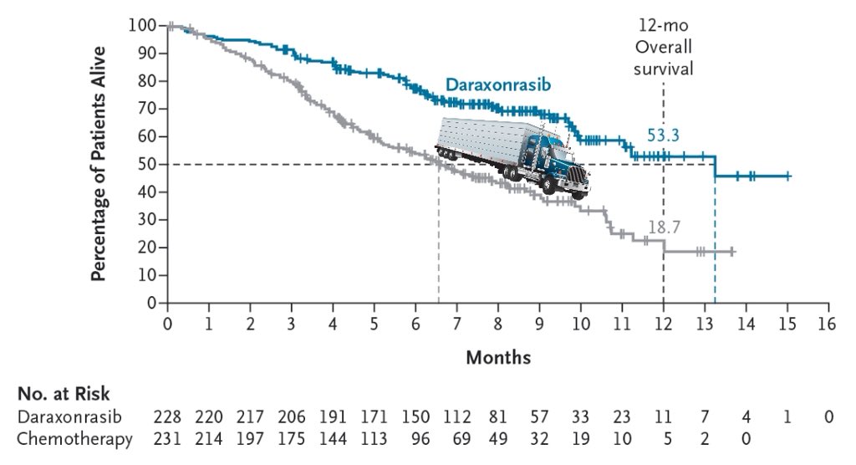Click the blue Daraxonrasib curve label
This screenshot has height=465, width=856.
pos(498,84)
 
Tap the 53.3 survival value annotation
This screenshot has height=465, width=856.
pos(663,135)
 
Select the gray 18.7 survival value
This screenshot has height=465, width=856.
pos(664,227)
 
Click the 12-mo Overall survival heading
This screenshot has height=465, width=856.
pos(663,47)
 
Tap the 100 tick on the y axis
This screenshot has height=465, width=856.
pos(143,25)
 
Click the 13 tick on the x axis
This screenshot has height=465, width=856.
pos(704,324)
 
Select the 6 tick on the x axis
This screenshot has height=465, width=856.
pos(416,324)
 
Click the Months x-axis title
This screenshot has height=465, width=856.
pos(498,357)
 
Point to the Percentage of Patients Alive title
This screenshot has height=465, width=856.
pos(99,164)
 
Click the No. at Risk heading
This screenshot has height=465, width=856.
pos(64,394)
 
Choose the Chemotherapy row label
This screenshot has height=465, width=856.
pos(74,439)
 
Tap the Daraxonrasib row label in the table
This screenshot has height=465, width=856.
pos(69,417)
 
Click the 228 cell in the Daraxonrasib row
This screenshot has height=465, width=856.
pos(167,417)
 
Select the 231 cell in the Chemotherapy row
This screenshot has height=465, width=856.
pos(167,439)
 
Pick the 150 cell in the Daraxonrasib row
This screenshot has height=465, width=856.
pos(415,417)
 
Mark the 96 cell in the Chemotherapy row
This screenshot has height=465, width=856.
pos(420,439)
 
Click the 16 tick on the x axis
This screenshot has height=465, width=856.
pos(828,324)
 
